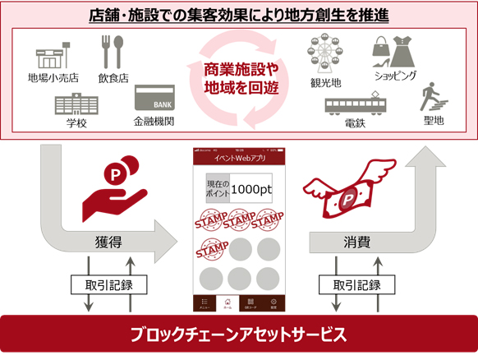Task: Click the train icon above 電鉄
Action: [357, 105]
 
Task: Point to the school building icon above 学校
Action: [77, 105]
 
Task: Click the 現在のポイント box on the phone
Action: [217, 188]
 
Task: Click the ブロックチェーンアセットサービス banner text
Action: [238, 335]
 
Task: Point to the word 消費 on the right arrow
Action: [355, 242]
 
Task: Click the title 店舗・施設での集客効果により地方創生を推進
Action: [238, 15]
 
